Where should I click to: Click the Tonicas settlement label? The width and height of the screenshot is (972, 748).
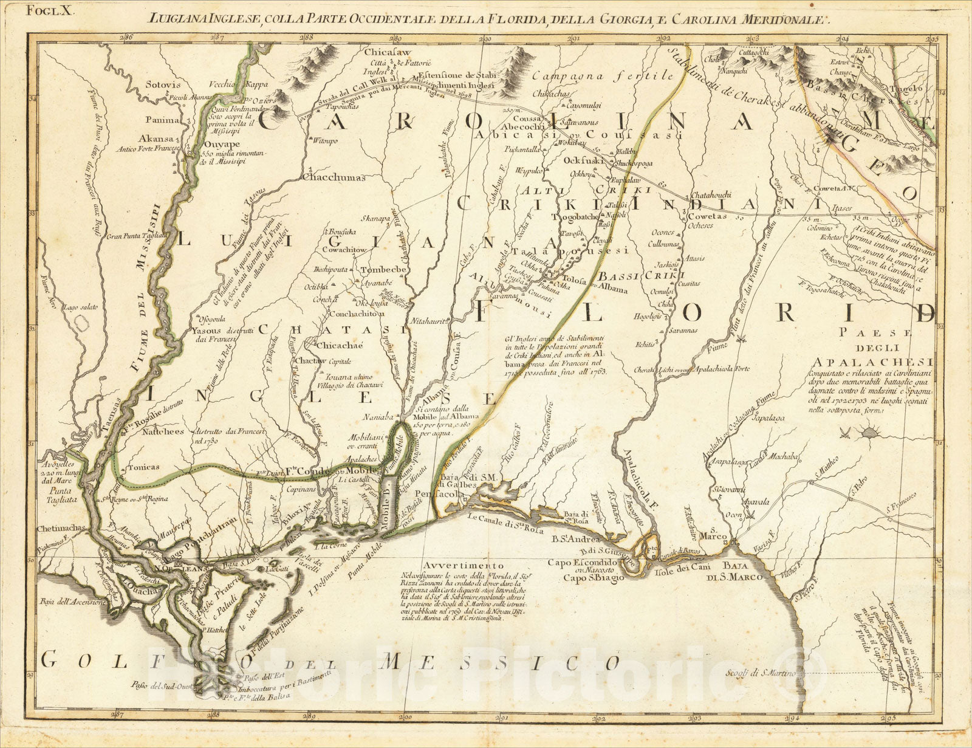[x=143, y=467]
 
